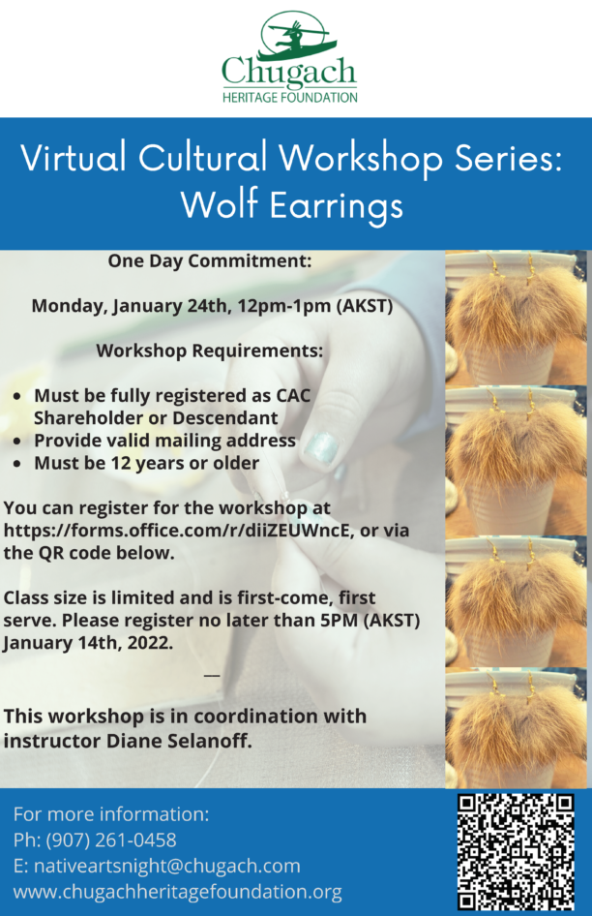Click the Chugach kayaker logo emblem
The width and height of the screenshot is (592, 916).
tap(296, 36)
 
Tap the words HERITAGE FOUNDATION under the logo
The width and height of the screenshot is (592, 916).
tap(289, 98)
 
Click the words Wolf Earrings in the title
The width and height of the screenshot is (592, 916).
tap(292, 205)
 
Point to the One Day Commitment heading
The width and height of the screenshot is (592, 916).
tap(210, 260)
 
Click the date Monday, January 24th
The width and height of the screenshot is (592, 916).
tap(129, 306)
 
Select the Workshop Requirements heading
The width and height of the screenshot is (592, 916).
tap(210, 351)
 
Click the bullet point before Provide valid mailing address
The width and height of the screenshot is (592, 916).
tap(18, 442)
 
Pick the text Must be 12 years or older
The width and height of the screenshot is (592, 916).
tap(146, 463)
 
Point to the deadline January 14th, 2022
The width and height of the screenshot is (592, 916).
tap(88, 643)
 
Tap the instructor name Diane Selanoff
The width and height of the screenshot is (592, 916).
tap(179, 741)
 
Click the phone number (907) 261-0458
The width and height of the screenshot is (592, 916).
tap(111, 840)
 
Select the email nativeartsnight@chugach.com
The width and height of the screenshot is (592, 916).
tap(167, 866)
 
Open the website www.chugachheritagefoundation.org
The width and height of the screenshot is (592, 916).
tap(177, 892)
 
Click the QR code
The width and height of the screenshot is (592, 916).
tap(516, 852)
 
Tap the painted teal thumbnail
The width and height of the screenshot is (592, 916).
tap(321, 447)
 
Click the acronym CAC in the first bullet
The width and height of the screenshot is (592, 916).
tap(293, 395)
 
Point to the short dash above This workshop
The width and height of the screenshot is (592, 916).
tap(212, 676)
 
